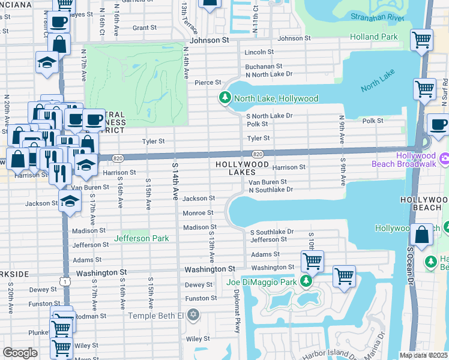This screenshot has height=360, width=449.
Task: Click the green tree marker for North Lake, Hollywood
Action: tap(225, 98)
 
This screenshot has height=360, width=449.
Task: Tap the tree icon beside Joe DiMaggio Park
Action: tap(306, 281)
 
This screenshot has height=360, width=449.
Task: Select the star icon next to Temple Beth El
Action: tap(193, 315)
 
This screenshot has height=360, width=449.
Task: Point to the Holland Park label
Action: tap(373, 37)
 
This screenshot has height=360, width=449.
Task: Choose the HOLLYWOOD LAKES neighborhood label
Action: tap(243, 167)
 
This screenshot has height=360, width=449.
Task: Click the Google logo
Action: tap(20, 352)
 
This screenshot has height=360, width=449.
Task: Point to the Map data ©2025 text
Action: tap(423, 355)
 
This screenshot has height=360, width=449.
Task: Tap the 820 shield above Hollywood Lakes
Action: tap(256, 154)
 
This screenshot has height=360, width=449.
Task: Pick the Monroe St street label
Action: tap(198, 213)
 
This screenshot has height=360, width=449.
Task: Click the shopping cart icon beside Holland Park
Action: tap(422, 40)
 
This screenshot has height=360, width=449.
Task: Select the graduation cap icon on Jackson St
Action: tap(70, 200)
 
